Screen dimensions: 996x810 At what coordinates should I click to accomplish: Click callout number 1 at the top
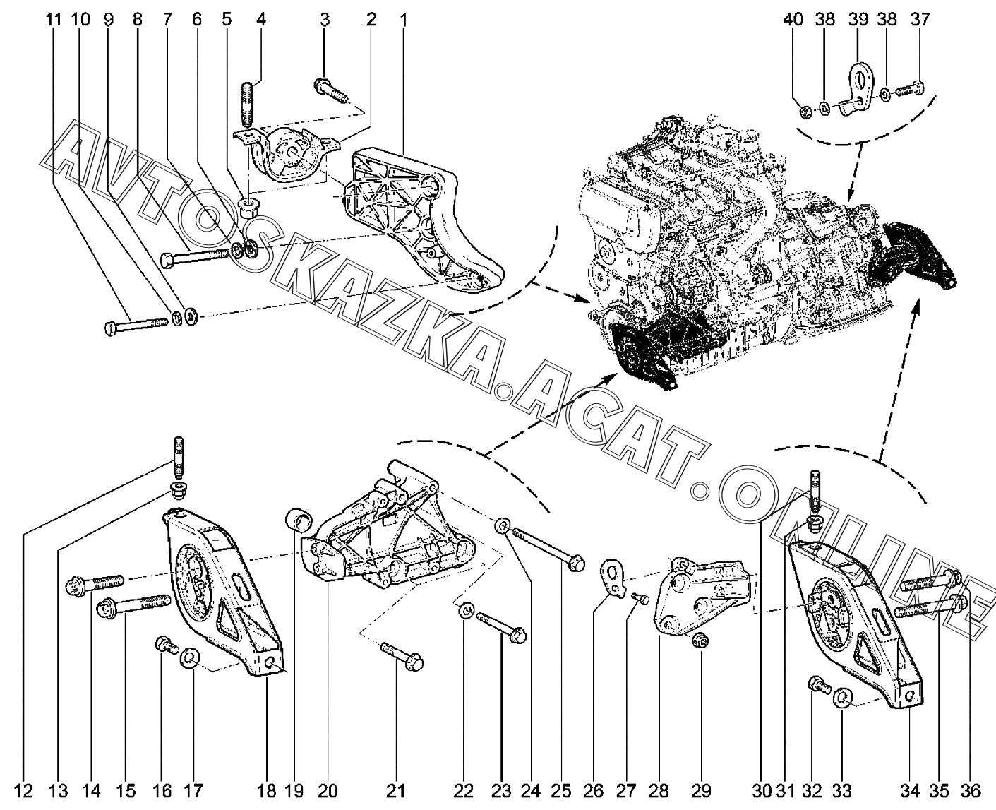(x=402, y=20)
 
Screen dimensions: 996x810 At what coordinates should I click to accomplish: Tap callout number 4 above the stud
(x=261, y=20)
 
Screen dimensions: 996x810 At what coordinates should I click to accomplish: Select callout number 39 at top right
(x=858, y=20)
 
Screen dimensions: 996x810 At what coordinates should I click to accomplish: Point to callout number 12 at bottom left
(x=23, y=791)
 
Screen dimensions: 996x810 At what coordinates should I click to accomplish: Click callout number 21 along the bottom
(x=395, y=791)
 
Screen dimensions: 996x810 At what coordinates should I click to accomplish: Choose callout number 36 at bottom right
(x=970, y=791)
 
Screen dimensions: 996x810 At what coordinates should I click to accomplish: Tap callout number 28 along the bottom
(x=659, y=791)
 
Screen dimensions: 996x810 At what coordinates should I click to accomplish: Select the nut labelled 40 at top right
(x=805, y=112)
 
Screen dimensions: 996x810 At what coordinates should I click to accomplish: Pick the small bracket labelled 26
(x=611, y=579)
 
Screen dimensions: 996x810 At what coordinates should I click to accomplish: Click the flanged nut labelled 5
(x=248, y=208)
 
